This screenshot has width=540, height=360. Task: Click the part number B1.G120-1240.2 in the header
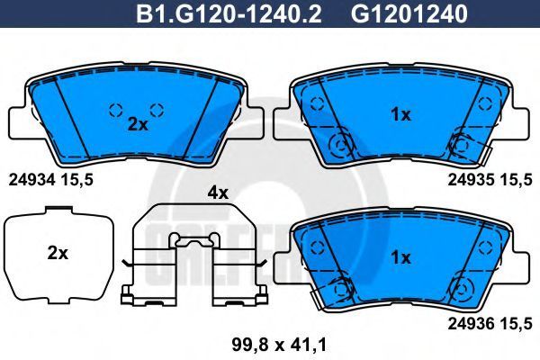point(229,14)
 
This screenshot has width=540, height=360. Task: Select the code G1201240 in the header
point(409,14)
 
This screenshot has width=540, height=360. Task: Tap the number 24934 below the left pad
point(31,180)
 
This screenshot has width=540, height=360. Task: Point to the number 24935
point(471,180)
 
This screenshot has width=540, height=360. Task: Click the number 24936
point(471,323)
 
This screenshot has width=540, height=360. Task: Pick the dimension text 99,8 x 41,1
point(279,345)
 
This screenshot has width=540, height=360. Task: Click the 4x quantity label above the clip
point(218,193)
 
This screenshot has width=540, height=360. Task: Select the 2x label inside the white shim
point(58,254)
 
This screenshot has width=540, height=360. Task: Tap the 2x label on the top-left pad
point(138,125)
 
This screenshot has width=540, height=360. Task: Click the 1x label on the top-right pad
point(400,114)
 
